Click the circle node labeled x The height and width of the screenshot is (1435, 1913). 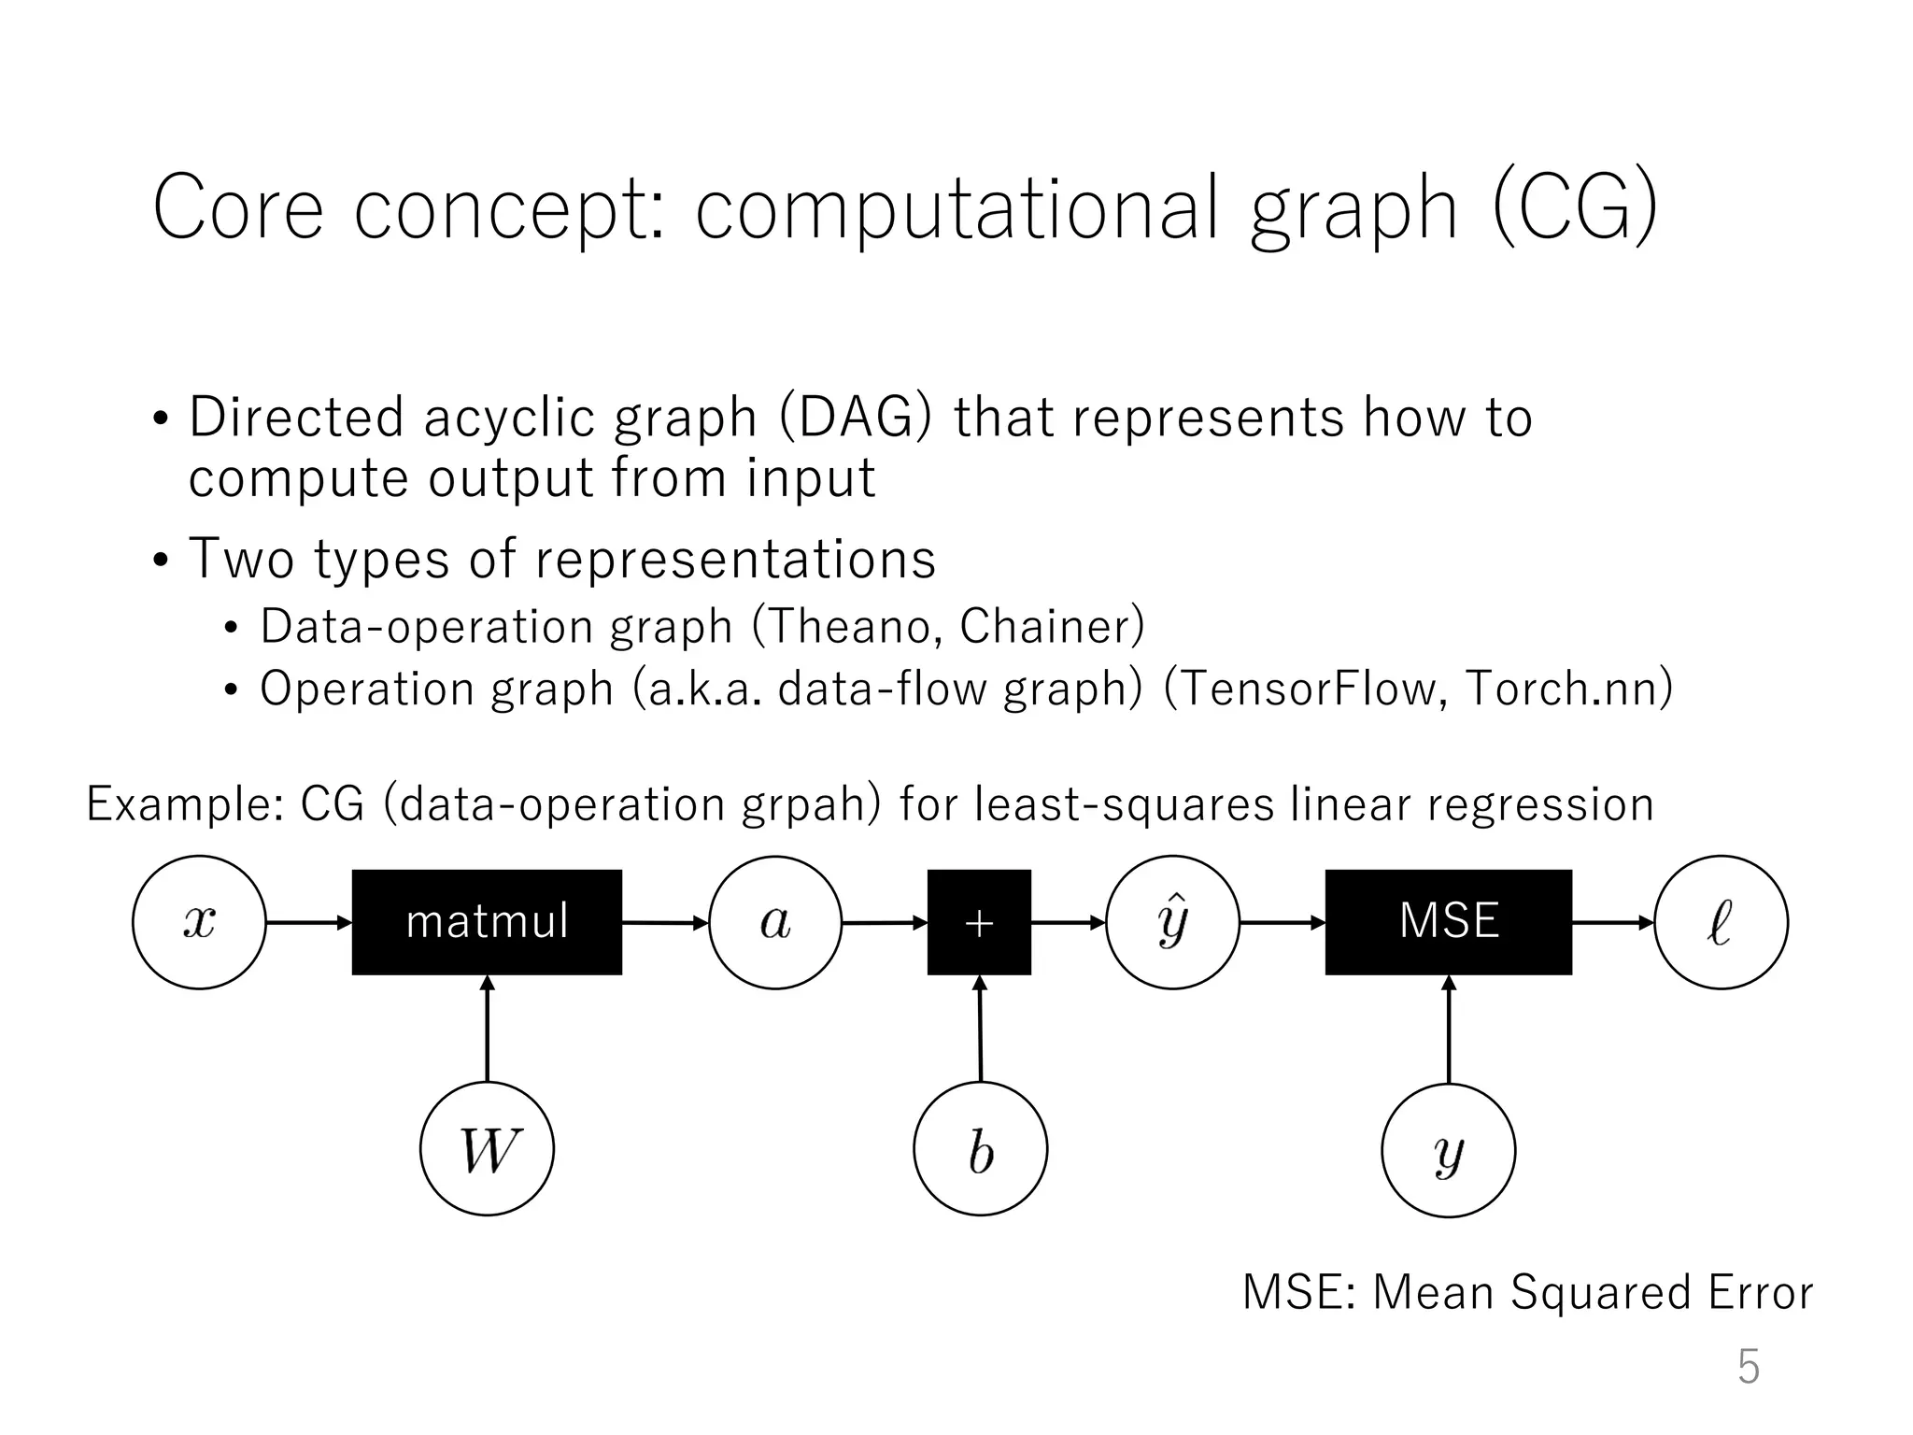tap(199, 922)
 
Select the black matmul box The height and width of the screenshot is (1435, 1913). tap(487, 922)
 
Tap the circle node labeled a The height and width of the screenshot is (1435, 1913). tap(775, 922)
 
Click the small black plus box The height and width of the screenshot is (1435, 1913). tap(979, 922)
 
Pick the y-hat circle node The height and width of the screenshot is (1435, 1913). tap(1172, 922)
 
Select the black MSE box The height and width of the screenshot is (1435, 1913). tap(1448, 922)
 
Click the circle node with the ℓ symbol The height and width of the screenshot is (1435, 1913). tap(1721, 922)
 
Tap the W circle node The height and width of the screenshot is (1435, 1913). tap(487, 1148)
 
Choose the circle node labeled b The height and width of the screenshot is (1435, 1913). tap(980, 1148)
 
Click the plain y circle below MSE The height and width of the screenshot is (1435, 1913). tap(1448, 1150)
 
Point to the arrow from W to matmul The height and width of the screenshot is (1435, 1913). tap(487, 1028)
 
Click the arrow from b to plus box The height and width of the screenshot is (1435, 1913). tap(980, 1028)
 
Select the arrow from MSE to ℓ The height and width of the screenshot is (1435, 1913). tap(1612, 923)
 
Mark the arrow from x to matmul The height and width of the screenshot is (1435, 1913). tap(308, 923)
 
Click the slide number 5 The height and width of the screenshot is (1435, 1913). tap(1748, 1367)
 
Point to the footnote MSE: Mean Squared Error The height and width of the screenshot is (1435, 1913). tap(1527, 1292)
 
